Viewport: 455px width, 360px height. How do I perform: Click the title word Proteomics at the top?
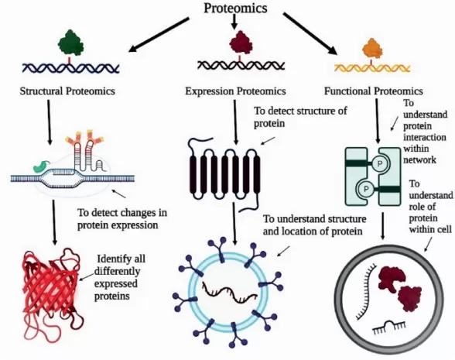[235, 9]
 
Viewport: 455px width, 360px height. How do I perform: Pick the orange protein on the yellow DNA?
[372, 47]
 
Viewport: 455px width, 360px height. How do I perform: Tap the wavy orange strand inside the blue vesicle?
[231, 290]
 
